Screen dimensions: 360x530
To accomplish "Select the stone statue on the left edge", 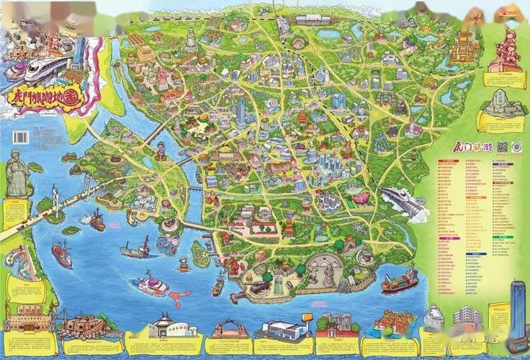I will (x=16, y=175).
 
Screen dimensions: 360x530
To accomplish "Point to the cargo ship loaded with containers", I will (x=400, y=281).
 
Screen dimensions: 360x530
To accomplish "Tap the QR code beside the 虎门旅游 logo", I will (x=503, y=147).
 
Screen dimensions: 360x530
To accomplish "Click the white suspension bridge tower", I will (x=55, y=197).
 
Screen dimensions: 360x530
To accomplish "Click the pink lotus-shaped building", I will (x=358, y=196).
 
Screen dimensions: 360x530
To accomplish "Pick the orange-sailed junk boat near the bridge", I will (x=96, y=220).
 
